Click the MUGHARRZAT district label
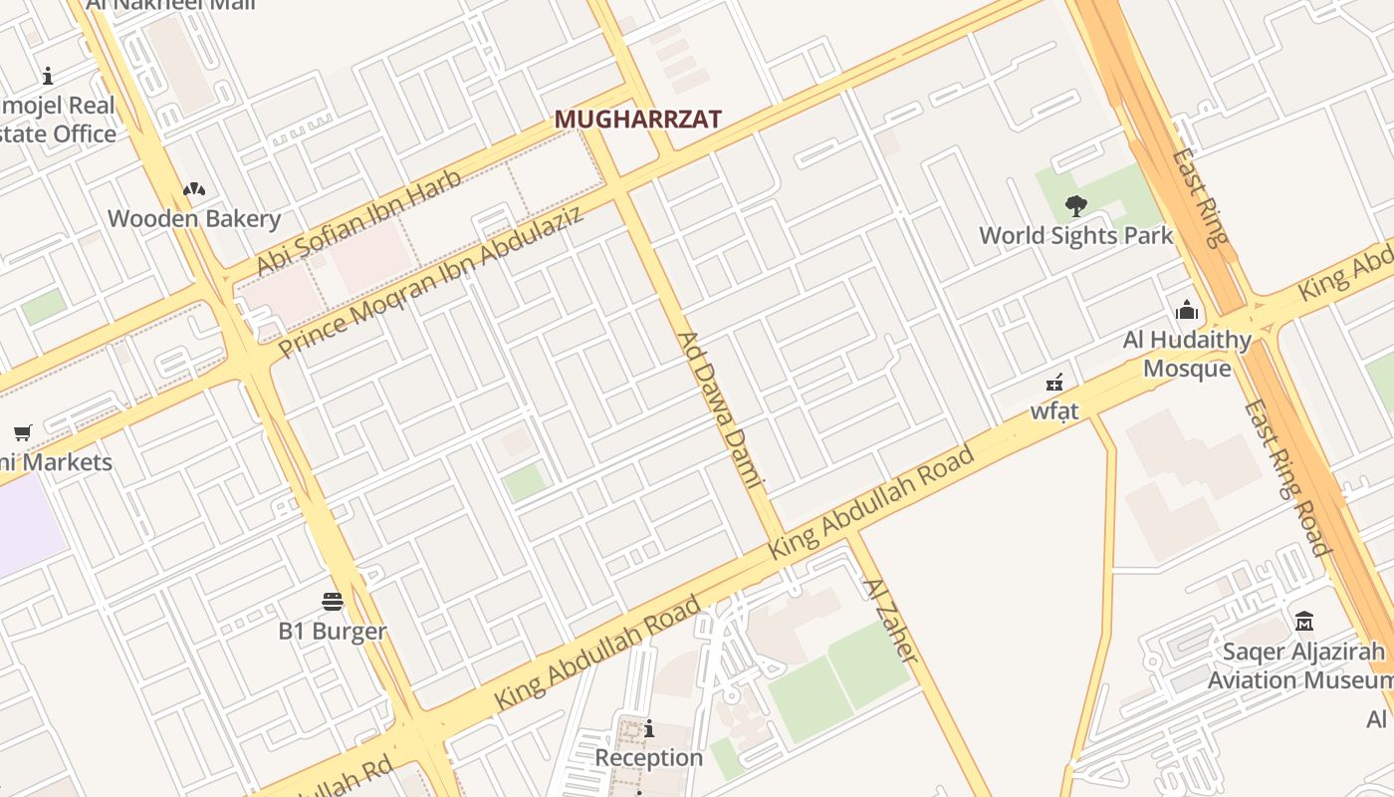637,120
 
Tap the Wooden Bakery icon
194,189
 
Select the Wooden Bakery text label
194,219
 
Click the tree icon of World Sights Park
1075,206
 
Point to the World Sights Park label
1076,236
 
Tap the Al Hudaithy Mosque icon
1186,310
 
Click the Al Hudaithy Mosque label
1187,354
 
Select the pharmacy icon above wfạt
1054,382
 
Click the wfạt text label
1054,410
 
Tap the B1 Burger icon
333,601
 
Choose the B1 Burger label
333,631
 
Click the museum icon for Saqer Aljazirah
1304,622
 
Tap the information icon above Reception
649,729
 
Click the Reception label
649,758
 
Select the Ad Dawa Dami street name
719,409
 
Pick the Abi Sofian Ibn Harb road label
359,223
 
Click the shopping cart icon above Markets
22,432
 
